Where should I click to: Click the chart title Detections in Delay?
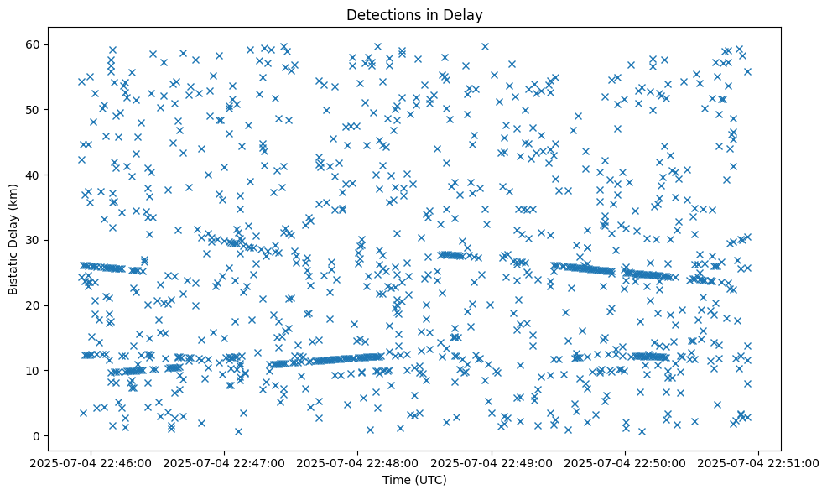(414, 14)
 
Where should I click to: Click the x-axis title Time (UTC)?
(414, 480)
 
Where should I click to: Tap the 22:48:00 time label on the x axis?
(359, 462)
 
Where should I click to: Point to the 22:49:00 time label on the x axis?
(492, 462)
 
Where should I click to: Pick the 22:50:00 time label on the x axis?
(626, 462)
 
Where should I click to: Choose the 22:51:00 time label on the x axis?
(759, 462)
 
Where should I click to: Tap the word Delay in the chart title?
(466, 14)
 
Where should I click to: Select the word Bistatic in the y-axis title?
(14, 269)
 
